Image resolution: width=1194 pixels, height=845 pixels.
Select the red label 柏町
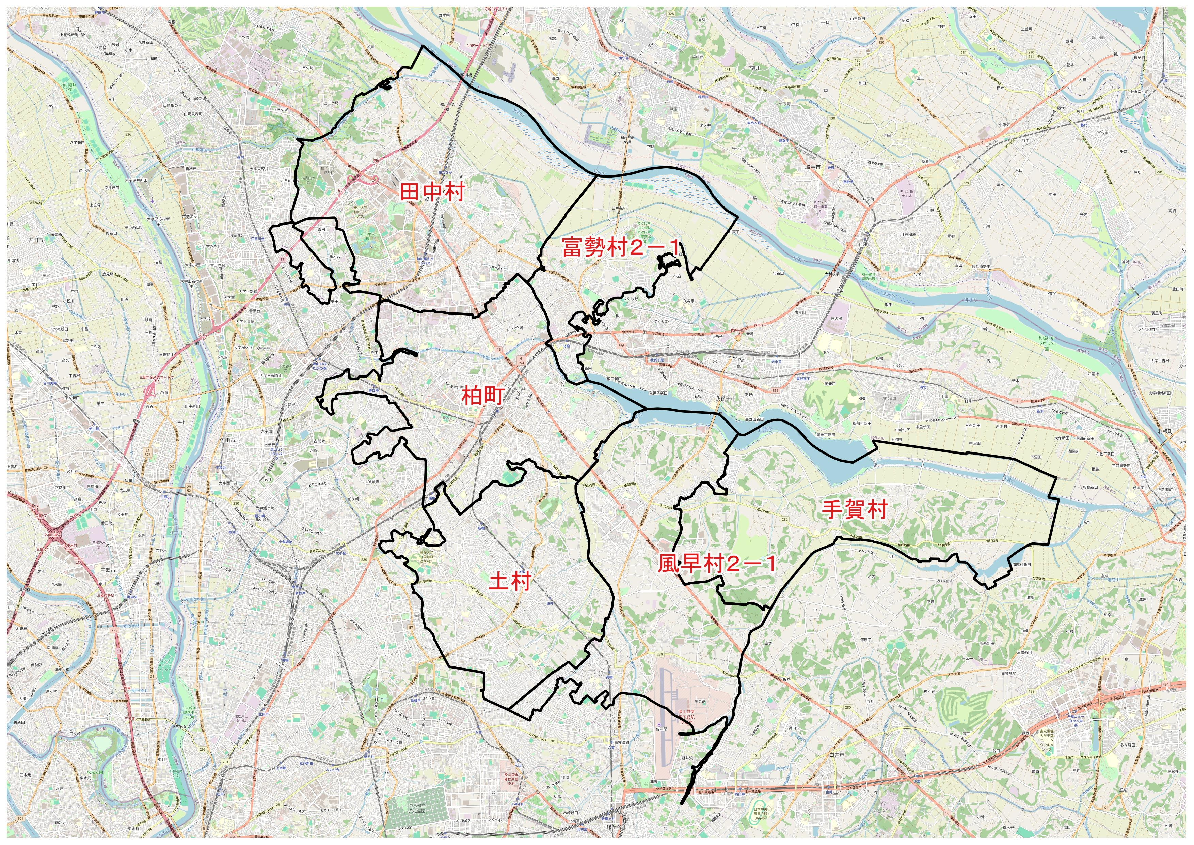pyautogui.click(x=483, y=397)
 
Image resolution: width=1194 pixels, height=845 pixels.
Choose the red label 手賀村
pyautogui.click(x=854, y=509)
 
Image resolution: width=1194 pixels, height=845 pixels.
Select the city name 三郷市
pyautogui.click(x=107, y=570)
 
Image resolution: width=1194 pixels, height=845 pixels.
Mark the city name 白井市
pyautogui.click(x=836, y=754)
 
